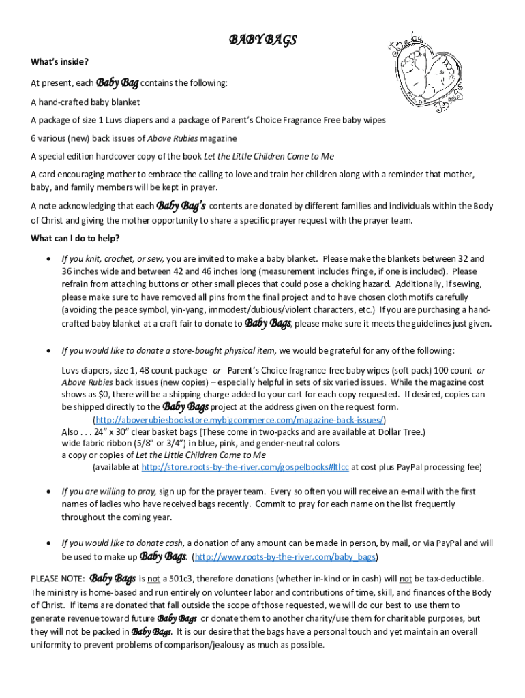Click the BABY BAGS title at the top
(x=262, y=41)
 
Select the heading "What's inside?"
(x=59, y=63)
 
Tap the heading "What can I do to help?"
(x=75, y=238)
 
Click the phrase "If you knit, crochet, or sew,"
(x=112, y=259)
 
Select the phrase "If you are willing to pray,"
(x=109, y=491)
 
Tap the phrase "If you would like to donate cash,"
(x=123, y=543)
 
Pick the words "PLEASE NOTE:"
(x=57, y=579)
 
